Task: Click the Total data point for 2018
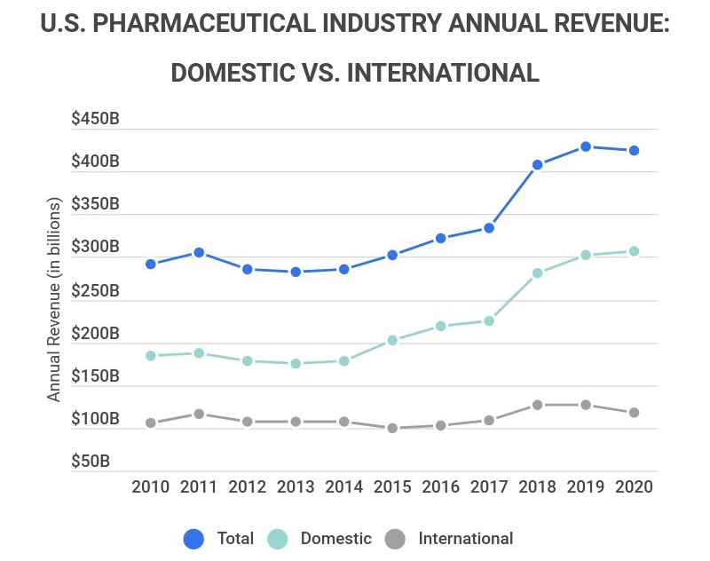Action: click(x=537, y=164)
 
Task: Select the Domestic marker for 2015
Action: click(x=391, y=340)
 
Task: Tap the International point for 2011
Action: click(x=199, y=414)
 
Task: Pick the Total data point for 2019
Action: click(x=586, y=146)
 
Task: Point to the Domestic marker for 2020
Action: click(x=634, y=251)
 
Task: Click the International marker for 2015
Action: click(x=391, y=428)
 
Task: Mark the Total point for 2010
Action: click(x=151, y=264)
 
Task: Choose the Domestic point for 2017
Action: click(x=488, y=320)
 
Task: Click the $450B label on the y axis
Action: click(x=95, y=119)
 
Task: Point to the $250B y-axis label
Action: click(x=95, y=290)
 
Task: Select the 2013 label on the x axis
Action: click(x=295, y=487)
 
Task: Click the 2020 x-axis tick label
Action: click(x=634, y=487)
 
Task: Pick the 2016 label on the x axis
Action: click(x=440, y=487)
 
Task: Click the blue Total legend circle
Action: click(x=193, y=538)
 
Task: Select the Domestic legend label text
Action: click(x=335, y=538)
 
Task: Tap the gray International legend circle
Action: click(x=396, y=538)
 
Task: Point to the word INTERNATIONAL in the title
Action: click(x=443, y=72)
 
